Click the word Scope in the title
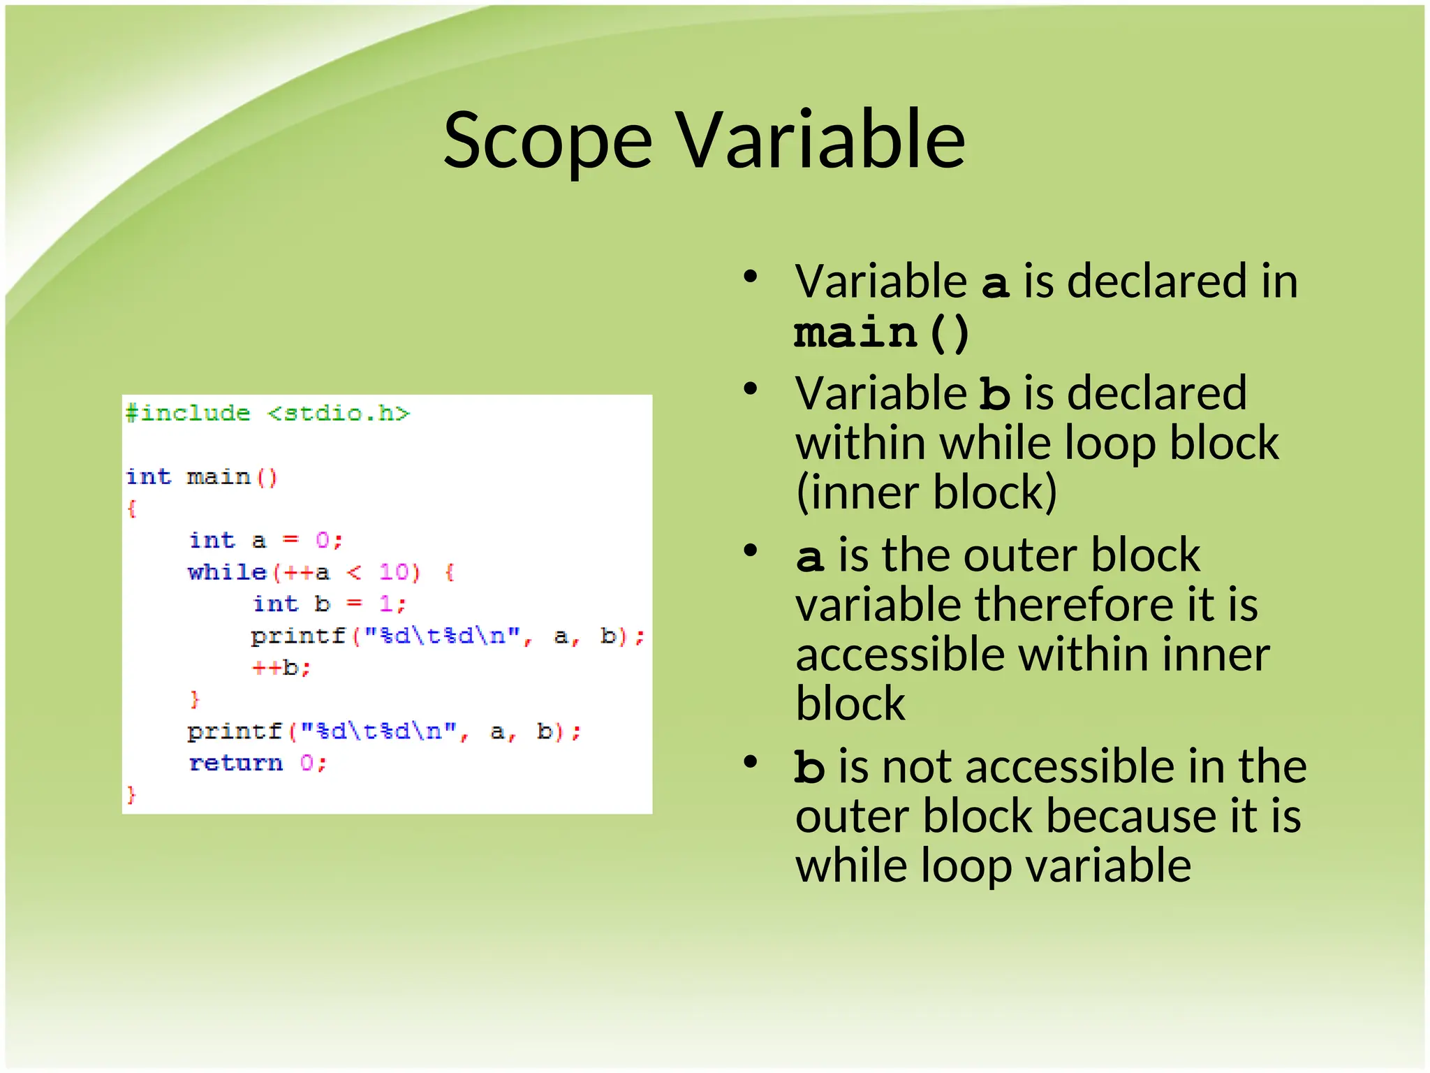(547, 143)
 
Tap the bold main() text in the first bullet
(881, 333)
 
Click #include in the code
(187, 414)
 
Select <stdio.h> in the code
(339, 414)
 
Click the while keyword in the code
(228, 573)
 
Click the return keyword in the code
(236, 763)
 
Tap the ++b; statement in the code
(281, 668)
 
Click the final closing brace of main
(131, 795)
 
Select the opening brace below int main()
(131, 509)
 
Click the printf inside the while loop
(299, 636)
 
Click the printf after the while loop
(235, 731)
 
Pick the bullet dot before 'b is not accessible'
(751, 761)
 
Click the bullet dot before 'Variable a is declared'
(751, 277)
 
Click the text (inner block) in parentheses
(926, 492)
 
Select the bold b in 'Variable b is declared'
(994, 394)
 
